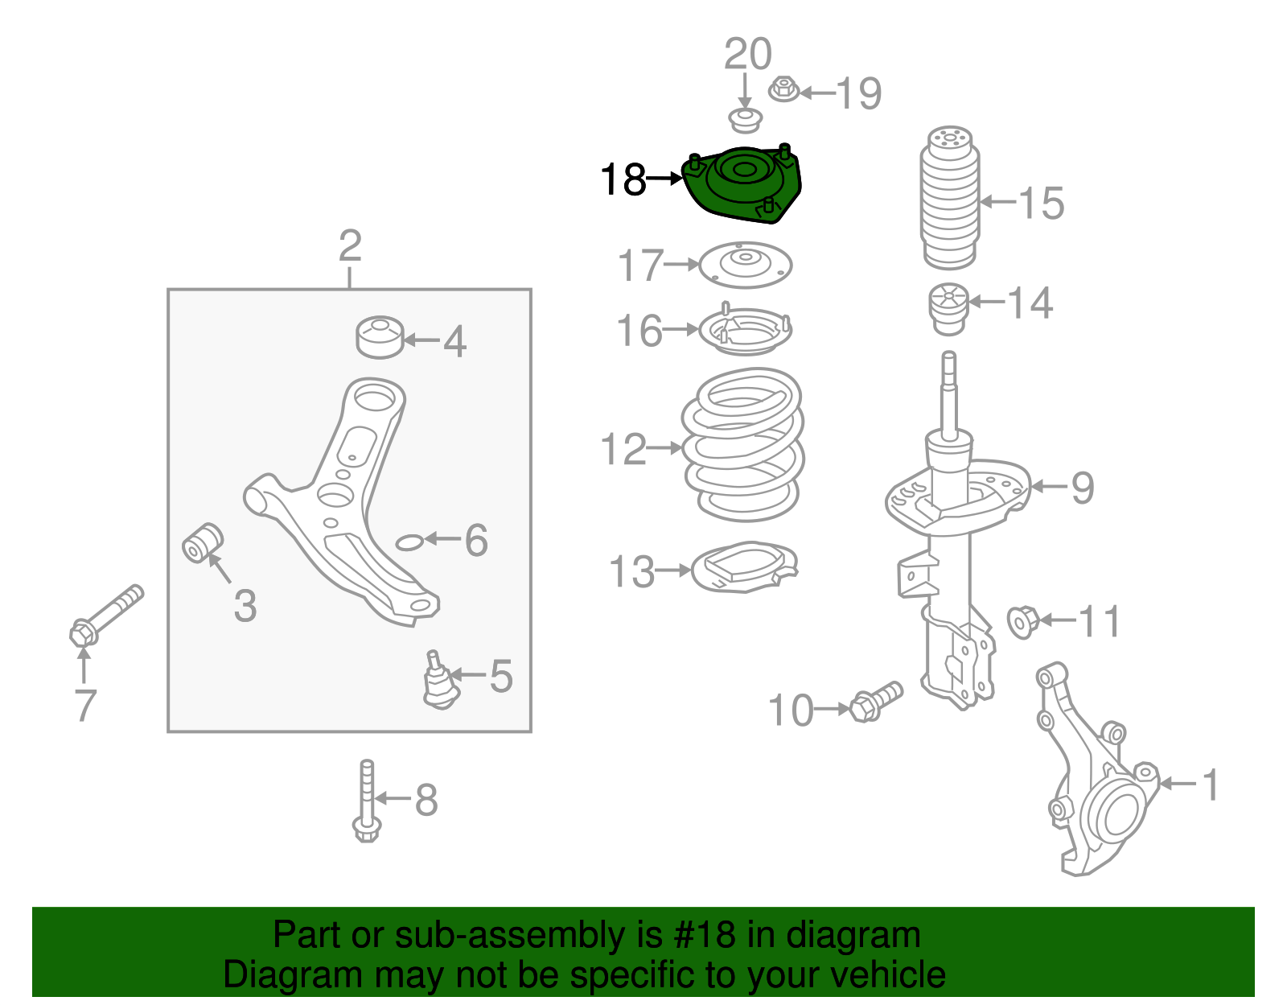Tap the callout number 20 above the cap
(747, 55)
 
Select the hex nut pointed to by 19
(783, 89)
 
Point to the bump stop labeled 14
(948, 310)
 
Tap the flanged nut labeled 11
(1023, 621)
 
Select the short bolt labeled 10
(876, 702)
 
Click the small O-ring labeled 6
(409, 542)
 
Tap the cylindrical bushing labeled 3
(203, 543)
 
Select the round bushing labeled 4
(380, 337)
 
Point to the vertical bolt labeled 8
(367, 801)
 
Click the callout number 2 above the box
(350, 245)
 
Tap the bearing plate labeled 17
(745, 265)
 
